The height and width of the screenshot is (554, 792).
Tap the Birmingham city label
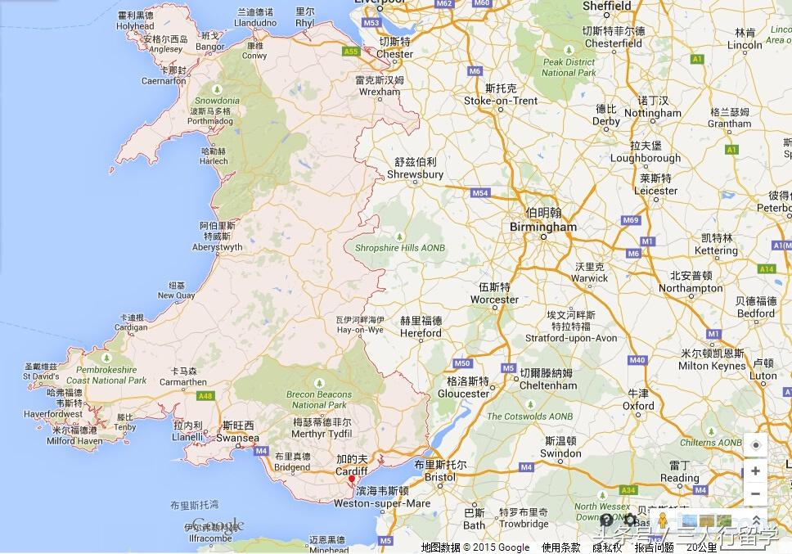pyautogui.click(x=543, y=227)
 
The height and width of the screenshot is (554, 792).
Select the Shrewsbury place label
pyautogui.click(x=415, y=174)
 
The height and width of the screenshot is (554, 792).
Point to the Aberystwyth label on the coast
pyautogui.click(x=217, y=247)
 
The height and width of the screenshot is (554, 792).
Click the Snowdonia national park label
pyautogui.click(x=217, y=101)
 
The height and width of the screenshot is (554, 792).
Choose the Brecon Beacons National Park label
pyautogui.click(x=319, y=399)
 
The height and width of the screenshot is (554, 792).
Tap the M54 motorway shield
pyautogui.click(x=480, y=193)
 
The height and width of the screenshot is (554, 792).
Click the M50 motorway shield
pyautogui.click(x=463, y=363)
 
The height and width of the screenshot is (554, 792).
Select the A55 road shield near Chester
pyautogui.click(x=352, y=52)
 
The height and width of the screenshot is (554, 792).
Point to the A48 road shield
pyautogui.click(x=205, y=396)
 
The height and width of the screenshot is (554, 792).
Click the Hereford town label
pyautogui.click(x=421, y=333)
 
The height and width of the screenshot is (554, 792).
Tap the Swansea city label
pyautogui.click(x=238, y=438)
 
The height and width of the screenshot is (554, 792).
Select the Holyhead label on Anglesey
pyautogui.click(x=134, y=26)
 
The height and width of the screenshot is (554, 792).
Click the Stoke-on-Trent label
pyautogui.click(x=501, y=101)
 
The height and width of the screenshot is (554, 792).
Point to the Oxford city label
pyautogui.click(x=638, y=405)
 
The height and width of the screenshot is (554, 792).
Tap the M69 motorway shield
pyautogui.click(x=630, y=220)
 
